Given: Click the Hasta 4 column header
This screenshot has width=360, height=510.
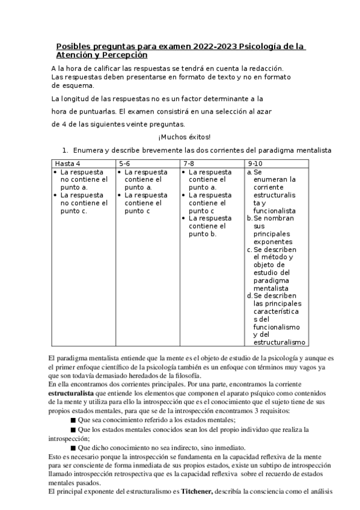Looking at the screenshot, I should point(67,164).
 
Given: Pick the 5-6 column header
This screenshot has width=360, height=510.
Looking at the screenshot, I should point(125,164).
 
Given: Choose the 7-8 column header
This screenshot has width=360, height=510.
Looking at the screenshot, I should point(189,164).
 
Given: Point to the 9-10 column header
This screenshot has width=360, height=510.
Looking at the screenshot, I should point(255,164).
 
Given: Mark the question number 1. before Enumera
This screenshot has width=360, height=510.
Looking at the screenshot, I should point(66,150).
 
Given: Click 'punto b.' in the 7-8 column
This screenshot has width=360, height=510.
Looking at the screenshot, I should point(203,234).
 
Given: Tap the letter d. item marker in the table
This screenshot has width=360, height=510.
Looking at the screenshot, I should point(249,296).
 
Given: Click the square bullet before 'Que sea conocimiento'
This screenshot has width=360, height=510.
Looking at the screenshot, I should point(73,420).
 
